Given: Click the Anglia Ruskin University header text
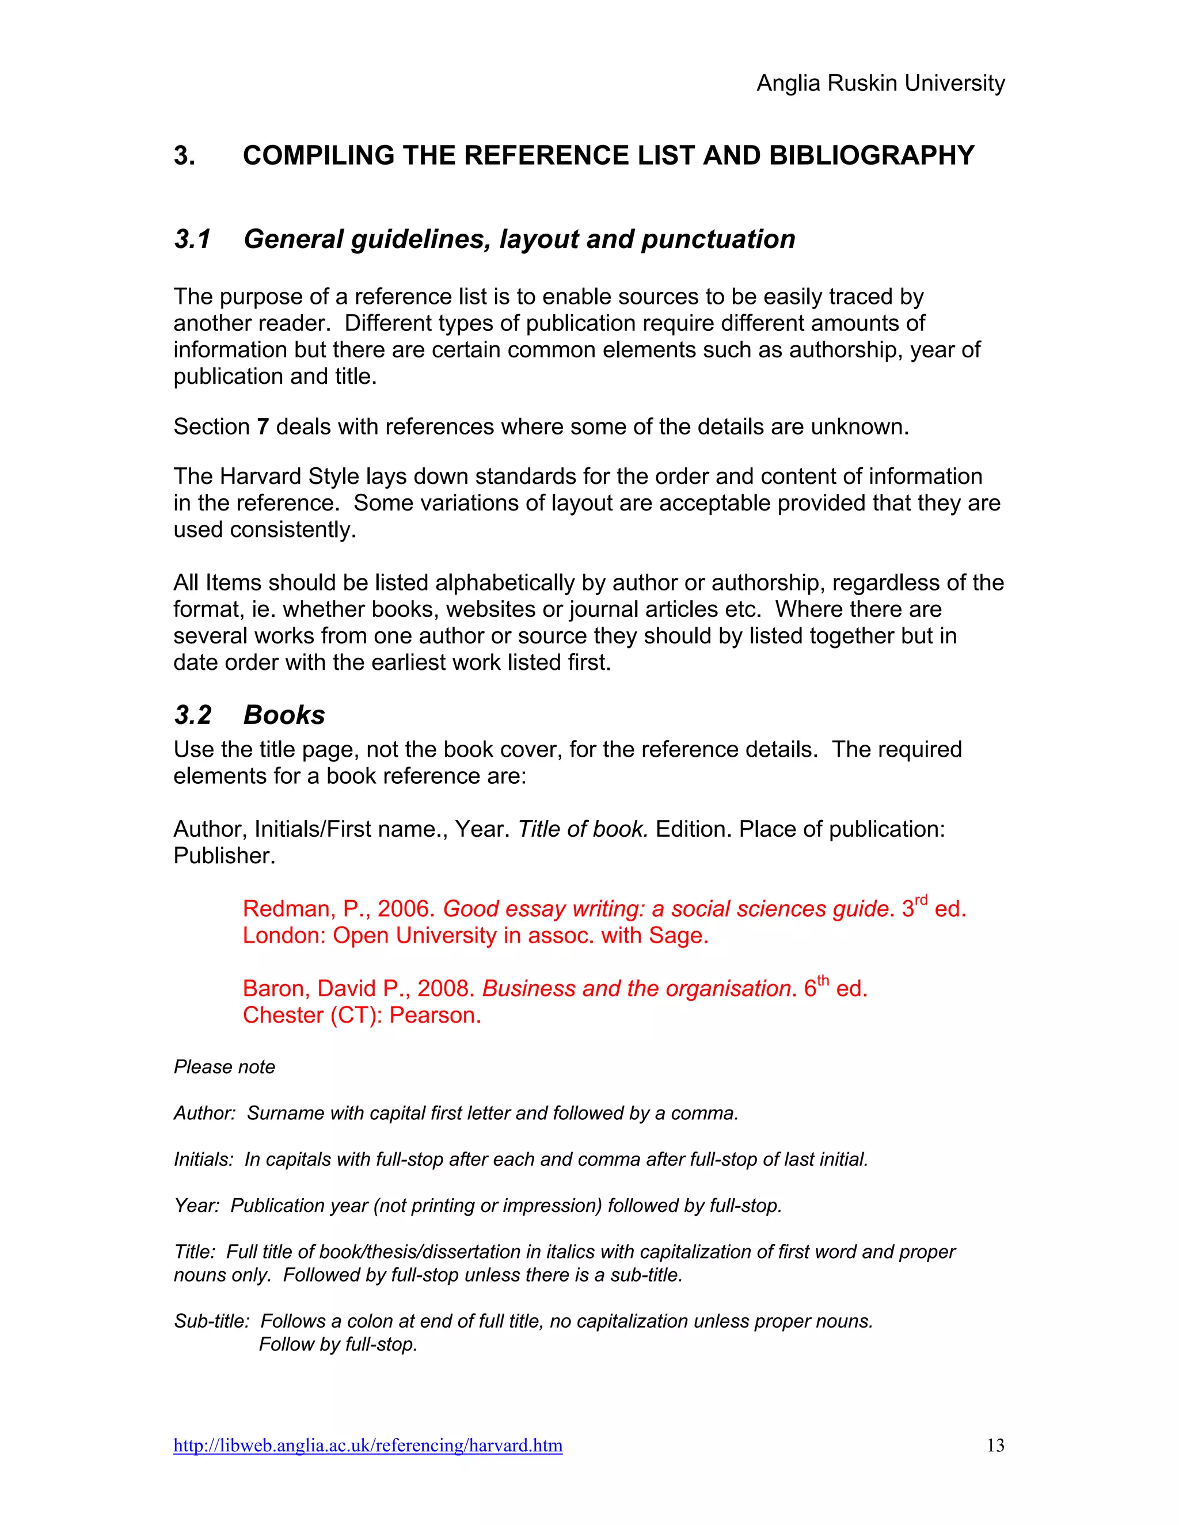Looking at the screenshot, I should [x=880, y=83].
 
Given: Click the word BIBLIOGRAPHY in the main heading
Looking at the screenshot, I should [x=872, y=155].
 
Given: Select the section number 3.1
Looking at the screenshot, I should [x=192, y=239].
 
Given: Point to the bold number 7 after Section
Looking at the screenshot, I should [x=263, y=426].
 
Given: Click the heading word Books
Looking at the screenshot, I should [x=284, y=715].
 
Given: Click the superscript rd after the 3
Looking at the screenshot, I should [x=921, y=900].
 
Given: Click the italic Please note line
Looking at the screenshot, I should [x=224, y=1067].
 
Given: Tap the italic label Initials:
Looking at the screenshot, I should [x=203, y=1160].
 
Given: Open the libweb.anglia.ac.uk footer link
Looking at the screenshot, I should [x=368, y=1446].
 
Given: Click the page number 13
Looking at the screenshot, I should [x=995, y=1446].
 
